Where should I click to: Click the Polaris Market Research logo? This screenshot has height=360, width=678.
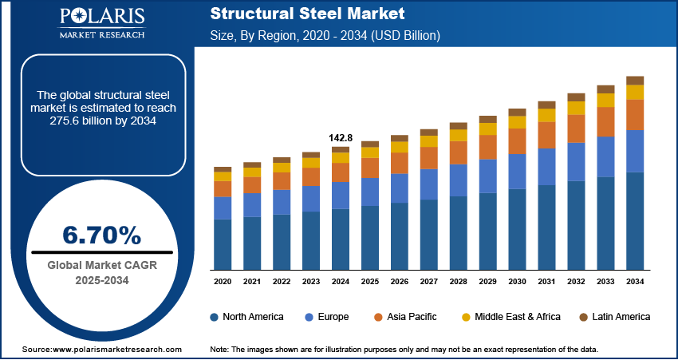[101, 23]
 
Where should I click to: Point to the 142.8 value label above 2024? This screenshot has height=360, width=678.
[341, 137]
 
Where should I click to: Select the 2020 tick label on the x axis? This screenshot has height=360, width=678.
[223, 282]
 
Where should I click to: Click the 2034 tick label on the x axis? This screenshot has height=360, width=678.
[635, 282]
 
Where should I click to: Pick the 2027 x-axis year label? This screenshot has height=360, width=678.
[429, 282]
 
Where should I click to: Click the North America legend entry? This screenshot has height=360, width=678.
[246, 317]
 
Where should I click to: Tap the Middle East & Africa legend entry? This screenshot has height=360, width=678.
[514, 317]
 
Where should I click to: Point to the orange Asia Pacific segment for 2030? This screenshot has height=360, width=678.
[518, 141]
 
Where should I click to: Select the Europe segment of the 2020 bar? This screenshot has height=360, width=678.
[223, 208]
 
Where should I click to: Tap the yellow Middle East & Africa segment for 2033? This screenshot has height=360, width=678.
[605, 100]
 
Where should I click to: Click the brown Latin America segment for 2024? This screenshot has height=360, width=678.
[341, 149]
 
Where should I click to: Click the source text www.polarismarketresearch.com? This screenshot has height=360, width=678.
[101, 350]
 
